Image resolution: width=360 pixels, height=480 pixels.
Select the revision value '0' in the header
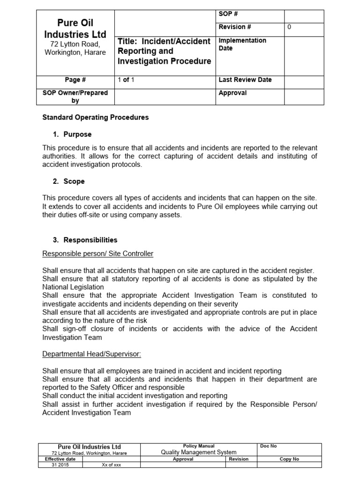point(289,27)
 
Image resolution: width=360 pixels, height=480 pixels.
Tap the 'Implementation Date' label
point(242,45)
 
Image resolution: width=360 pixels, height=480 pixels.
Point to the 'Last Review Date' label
point(245,80)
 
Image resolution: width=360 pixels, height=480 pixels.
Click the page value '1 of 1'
point(126,80)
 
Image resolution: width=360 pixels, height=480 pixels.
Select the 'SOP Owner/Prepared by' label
point(75,97)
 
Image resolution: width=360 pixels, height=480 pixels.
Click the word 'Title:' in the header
point(127,41)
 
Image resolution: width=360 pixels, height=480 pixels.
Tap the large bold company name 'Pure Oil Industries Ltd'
point(75,29)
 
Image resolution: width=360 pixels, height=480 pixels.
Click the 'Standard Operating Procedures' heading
point(95,117)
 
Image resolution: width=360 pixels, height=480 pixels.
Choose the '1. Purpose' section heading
point(72,135)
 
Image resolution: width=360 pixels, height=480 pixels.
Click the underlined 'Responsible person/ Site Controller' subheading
point(97,254)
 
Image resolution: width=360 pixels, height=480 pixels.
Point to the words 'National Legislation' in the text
point(73,287)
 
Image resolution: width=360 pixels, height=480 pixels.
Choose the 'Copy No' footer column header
point(289,459)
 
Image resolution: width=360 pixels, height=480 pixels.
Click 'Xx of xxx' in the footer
point(111,465)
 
